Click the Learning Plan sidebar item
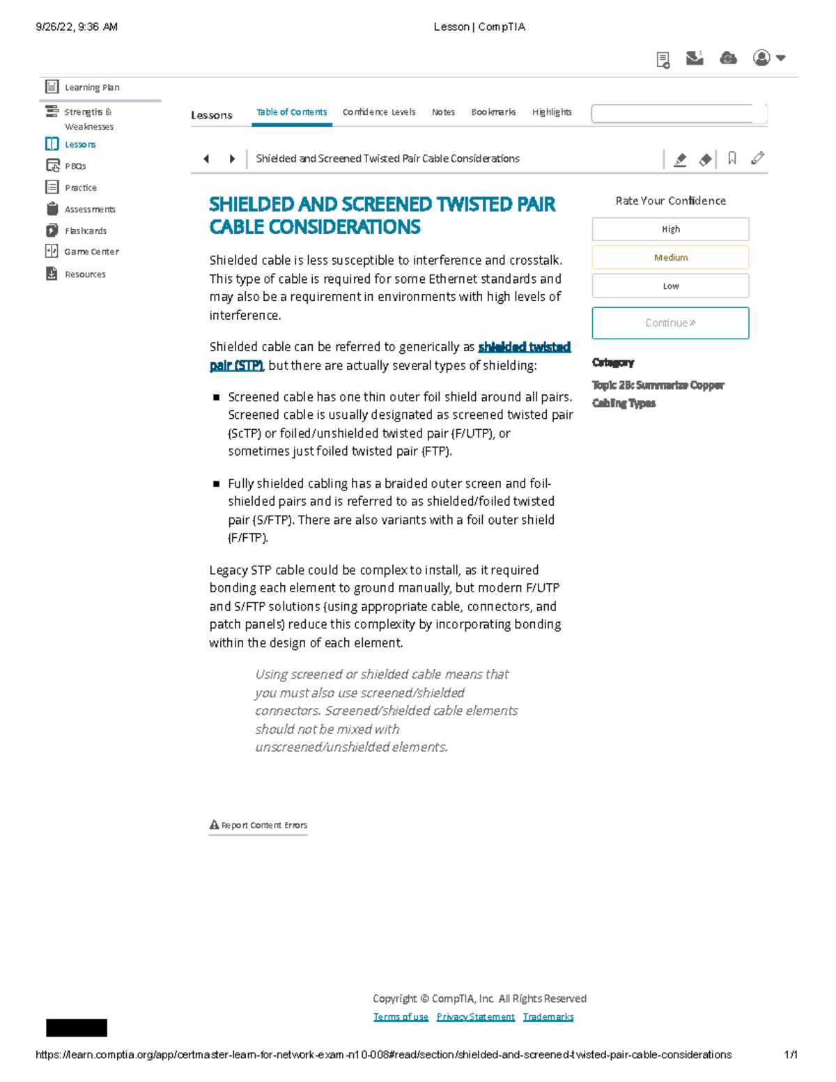[91, 87]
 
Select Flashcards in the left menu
[85, 231]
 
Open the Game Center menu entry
[91, 252]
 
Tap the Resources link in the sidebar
[85, 275]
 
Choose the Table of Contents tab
[291, 112]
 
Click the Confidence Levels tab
[378, 112]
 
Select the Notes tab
[443, 112]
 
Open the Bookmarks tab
[493, 112]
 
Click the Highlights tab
[552, 112]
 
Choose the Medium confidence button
[670, 257]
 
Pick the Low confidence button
[670, 286]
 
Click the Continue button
[670, 323]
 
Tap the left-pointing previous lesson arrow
[206, 159]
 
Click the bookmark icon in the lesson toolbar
[731, 159]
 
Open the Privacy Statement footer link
[475, 1017]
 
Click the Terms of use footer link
[401, 1017]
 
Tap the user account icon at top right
[762, 58]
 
